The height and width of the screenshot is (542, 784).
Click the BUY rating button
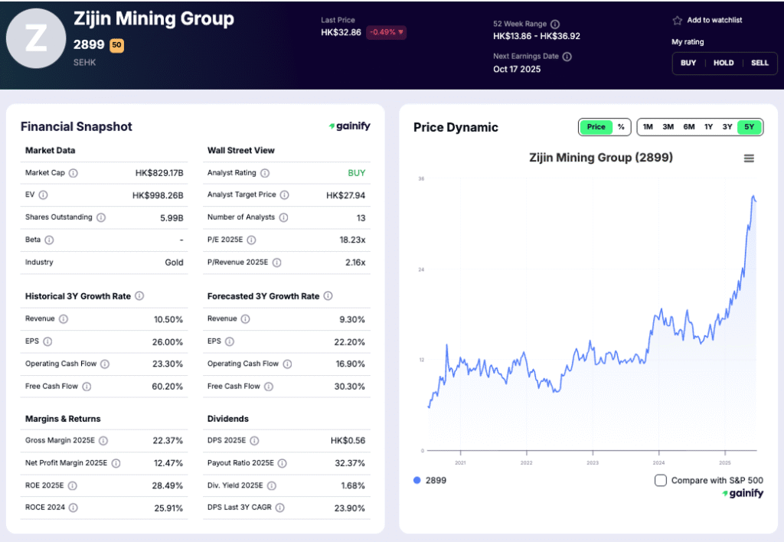click(x=688, y=63)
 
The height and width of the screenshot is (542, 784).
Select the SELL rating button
click(x=759, y=63)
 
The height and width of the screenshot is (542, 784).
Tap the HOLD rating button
click(x=724, y=63)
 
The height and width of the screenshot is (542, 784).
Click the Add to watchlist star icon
click(x=677, y=21)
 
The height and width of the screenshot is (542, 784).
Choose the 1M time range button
click(x=648, y=127)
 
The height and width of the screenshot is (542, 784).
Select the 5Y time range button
click(x=750, y=127)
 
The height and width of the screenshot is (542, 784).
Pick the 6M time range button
click(x=689, y=127)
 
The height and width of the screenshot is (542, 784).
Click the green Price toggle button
click(x=596, y=127)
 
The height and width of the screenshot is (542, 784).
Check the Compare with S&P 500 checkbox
click(x=661, y=480)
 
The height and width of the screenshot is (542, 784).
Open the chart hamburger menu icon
click(x=749, y=158)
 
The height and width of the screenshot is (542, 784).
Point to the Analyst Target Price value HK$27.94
click(x=345, y=195)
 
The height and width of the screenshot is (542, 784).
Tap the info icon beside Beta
click(x=49, y=240)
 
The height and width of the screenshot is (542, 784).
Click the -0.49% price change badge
click(x=387, y=32)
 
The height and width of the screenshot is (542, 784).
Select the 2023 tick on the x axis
click(x=593, y=463)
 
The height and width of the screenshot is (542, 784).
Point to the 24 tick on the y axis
click(x=420, y=269)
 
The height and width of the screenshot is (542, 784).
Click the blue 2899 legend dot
click(x=416, y=480)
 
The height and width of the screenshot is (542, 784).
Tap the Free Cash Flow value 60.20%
click(x=167, y=387)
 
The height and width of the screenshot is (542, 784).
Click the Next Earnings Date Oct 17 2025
click(x=517, y=69)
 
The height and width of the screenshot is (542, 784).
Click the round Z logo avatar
click(x=36, y=39)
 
